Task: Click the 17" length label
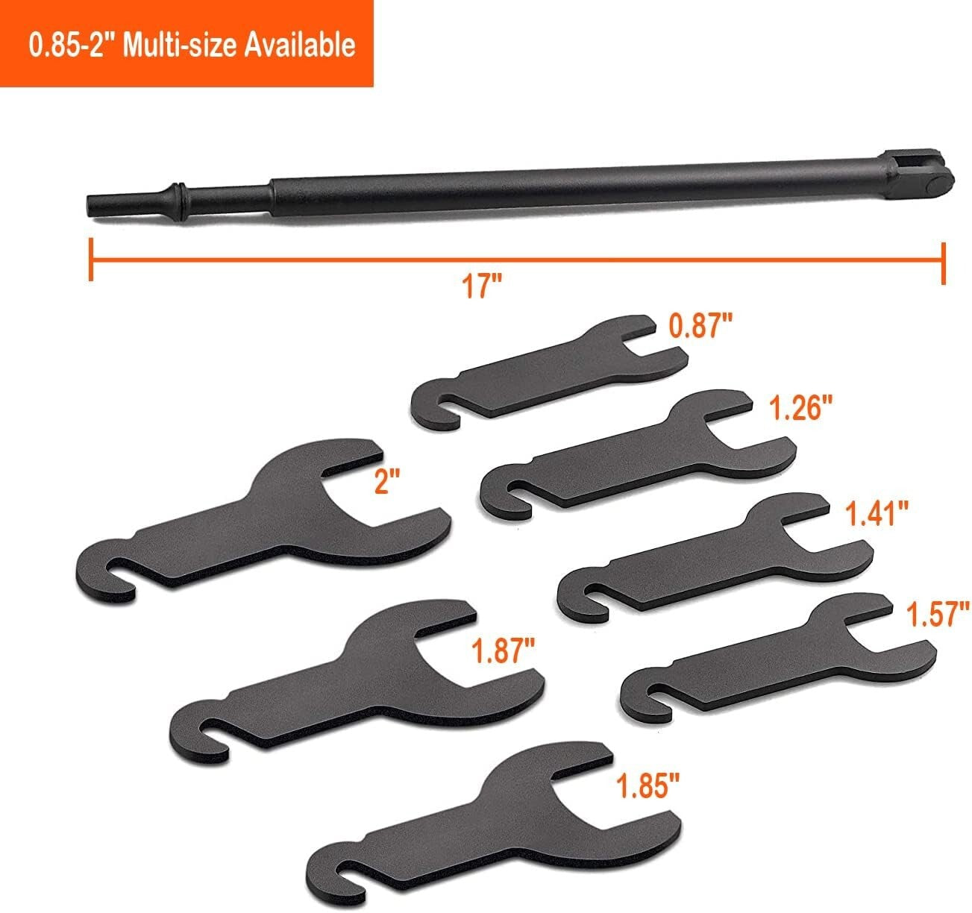[482, 286]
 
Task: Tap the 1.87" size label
[503, 651]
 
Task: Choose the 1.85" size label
[648, 785]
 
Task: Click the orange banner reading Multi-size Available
[186, 43]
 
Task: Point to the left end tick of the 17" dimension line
[90, 260]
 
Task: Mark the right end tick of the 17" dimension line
[944, 263]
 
